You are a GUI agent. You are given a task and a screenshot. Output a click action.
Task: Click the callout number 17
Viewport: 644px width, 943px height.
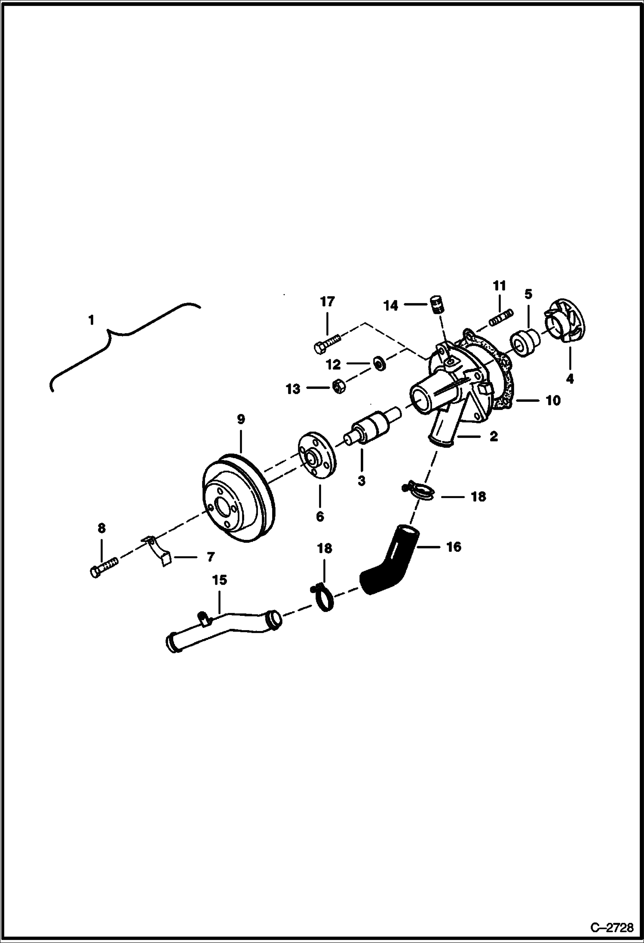(327, 302)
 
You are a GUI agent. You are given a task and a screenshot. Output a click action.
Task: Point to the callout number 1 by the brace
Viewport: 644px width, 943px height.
(91, 320)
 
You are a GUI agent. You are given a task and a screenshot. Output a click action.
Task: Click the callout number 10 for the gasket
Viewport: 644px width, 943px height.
(553, 401)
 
